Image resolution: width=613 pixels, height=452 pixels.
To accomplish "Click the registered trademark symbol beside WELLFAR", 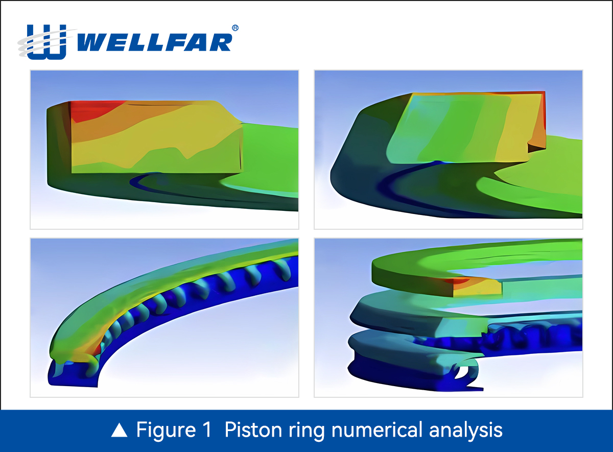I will tap(234, 28).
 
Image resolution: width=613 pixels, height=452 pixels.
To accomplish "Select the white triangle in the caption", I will tap(119, 431).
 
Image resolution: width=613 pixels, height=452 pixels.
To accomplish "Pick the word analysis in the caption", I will tap(466, 431).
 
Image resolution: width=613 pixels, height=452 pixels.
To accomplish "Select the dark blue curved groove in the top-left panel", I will tap(153, 185).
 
